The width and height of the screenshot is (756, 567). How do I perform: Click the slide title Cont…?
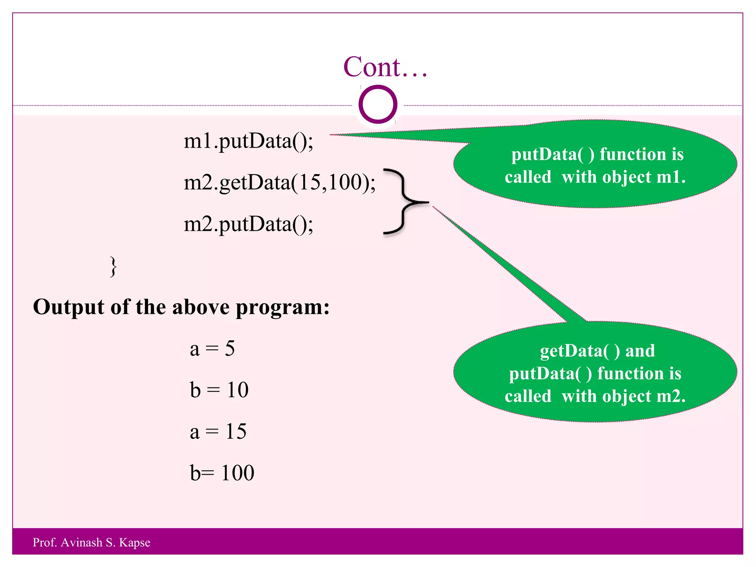[x=385, y=67]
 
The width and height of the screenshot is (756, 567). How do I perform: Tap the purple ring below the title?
[x=378, y=104]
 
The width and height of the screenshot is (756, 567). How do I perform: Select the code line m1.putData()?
[x=248, y=141]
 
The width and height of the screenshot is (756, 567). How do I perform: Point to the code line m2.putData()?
[x=248, y=224]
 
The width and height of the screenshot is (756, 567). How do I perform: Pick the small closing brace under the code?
[x=114, y=267]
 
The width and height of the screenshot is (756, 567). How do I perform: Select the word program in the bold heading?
[x=282, y=307]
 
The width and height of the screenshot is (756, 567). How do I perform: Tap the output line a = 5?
[x=212, y=348]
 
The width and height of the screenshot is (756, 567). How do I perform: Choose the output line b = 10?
[x=219, y=390]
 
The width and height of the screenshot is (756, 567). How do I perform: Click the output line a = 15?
[x=218, y=431]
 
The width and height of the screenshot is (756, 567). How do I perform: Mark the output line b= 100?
[x=222, y=473]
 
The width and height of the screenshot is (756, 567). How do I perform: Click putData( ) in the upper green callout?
[x=553, y=155]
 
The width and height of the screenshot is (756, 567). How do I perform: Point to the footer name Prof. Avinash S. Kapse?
[x=92, y=542]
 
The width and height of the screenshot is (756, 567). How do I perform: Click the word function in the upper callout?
[x=633, y=154]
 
